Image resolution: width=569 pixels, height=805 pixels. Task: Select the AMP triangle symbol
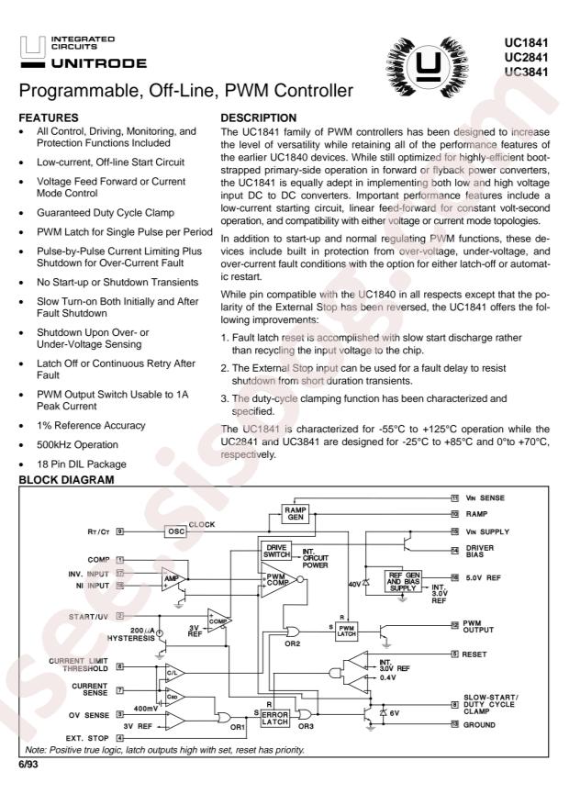click(x=171, y=580)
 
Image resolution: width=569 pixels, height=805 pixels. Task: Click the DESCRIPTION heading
click(x=263, y=118)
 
